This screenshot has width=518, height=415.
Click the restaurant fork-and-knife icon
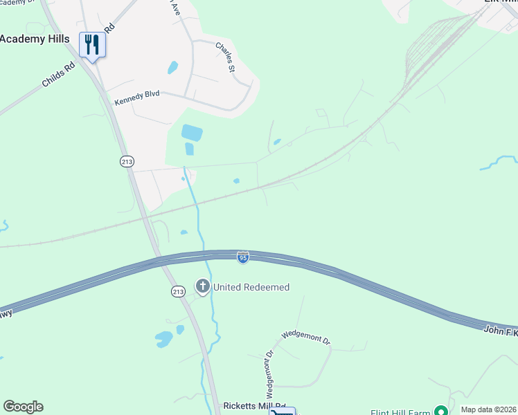coord(92,44)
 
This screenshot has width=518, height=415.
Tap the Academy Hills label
coord(35,39)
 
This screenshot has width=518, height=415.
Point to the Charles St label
coord(226,57)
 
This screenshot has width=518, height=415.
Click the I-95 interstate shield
coord(242,257)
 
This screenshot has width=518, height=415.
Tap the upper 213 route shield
coord(127,161)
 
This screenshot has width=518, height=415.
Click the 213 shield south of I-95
coord(178,292)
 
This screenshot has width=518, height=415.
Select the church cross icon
coord(202,286)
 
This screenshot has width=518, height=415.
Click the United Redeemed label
coord(251,287)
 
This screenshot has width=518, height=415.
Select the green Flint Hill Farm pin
coord(438,410)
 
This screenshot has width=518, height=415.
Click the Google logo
coord(23,407)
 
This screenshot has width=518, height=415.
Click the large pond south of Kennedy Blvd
coord(191,132)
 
